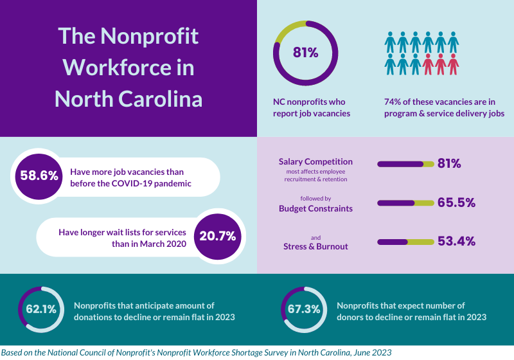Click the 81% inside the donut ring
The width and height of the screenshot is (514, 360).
pos(306,53)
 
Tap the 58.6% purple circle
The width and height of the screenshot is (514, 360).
pos(40,175)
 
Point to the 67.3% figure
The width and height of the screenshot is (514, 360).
pos(304,309)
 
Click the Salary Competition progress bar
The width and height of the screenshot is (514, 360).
pos(405,164)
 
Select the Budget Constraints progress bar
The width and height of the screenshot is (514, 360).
pos(405,203)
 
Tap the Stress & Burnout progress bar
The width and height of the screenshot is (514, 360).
pos(405,242)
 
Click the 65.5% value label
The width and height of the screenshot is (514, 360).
pos(456,203)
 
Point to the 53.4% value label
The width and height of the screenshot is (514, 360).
pos(456,242)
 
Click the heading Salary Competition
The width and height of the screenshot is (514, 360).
pos(315,161)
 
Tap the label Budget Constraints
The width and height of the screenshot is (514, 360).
pos(315,208)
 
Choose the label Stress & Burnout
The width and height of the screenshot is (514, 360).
pos(315,246)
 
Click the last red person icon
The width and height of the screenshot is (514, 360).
pos(454,64)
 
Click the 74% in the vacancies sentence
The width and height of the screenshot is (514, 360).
pos(393,102)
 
